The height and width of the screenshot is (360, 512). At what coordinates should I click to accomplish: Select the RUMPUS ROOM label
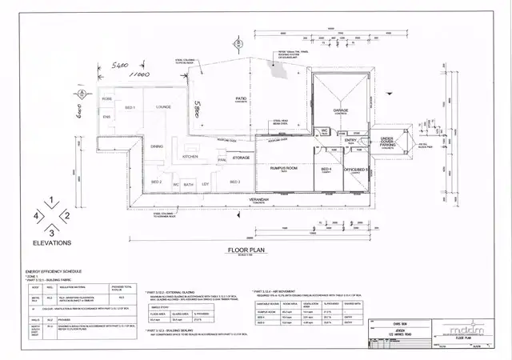[281, 168]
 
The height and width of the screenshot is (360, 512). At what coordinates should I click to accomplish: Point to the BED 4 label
[326, 169]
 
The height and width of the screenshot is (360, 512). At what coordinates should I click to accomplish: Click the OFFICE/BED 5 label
[355, 169]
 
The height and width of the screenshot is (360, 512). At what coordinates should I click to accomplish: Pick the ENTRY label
[350, 141]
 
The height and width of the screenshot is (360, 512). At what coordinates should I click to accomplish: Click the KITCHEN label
[190, 157]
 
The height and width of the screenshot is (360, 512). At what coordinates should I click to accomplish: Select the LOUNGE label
[164, 106]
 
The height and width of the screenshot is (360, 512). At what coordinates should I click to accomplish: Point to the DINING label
[157, 146]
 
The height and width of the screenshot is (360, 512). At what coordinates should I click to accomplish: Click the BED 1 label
[130, 106]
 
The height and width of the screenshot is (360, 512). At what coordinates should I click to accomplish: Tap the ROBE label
[106, 98]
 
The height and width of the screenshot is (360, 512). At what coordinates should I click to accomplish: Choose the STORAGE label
[241, 158]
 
